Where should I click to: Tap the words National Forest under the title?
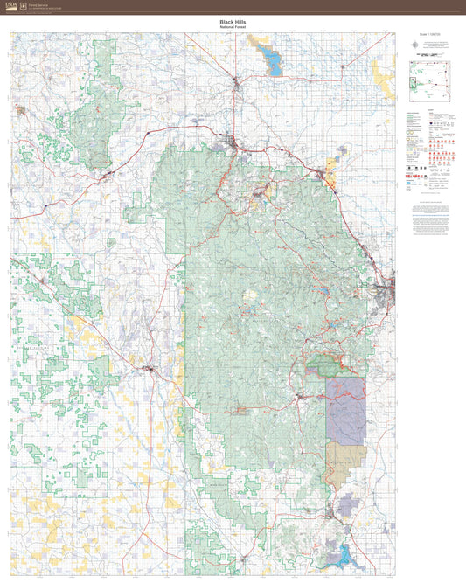tap(233, 28)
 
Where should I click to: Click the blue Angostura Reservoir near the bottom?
tap(343, 553)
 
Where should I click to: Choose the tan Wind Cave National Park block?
tap(344, 463)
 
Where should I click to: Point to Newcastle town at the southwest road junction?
tap(150, 369)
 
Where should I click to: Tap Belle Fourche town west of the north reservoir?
tap(237, 84)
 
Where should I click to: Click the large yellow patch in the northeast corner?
tap(383, 73)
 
